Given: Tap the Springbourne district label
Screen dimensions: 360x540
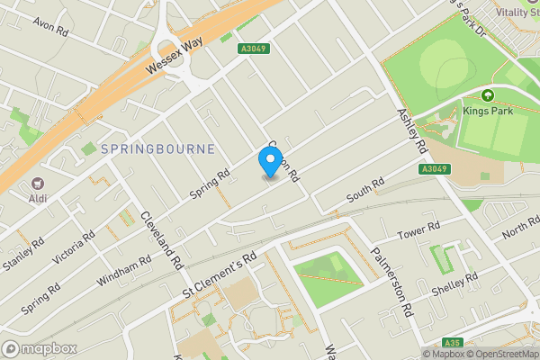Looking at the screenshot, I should pos(158,148).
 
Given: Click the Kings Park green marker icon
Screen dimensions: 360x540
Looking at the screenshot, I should pos(488,94).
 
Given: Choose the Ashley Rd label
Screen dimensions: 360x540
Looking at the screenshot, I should pos(409,130).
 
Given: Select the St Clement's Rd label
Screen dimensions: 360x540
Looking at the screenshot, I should pos(220,273).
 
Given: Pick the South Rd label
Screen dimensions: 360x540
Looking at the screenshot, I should pos(365,190).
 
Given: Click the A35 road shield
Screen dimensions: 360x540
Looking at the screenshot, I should pos(454,342).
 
